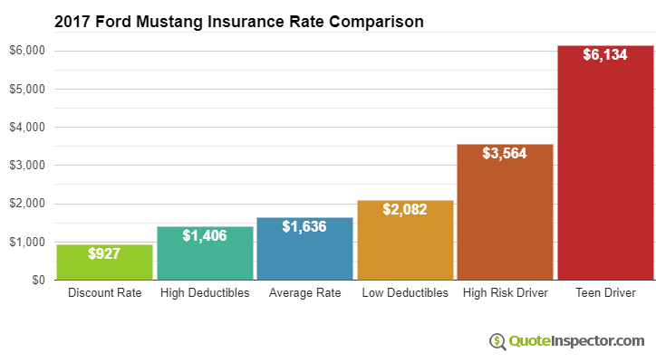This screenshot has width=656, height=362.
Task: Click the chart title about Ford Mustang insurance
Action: pyautogui.click(x=239, y=21)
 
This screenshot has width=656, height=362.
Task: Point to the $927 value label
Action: pyautogui.click(x=104, y=254)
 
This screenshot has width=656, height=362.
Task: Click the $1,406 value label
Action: pyautogui.click(x=204, y=235)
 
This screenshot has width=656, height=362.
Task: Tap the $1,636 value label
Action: pyautogui.click(x=304, y=226)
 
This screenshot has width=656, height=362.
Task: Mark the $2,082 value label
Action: pyautogui.click(x=405, y=209)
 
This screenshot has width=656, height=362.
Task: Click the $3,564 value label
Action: pyautogui.click(x=505, y=152)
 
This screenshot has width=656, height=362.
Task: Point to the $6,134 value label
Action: pyautogui.click(x=604, y=55)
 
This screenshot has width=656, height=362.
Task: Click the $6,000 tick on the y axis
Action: pyautogui.click(x=27, y=51)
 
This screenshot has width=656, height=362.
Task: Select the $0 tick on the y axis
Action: pyautogui.click(x=38, y=281)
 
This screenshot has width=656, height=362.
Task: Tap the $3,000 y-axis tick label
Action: pyautogui.click(x=27, y=166)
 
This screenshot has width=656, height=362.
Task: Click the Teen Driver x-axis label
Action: pyautogui.click(x=604, y=293)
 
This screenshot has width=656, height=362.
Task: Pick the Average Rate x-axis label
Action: pyautogui.click(x=304, y=293)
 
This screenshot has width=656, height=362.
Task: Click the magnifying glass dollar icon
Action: pyautogui.click(x=497, y=341)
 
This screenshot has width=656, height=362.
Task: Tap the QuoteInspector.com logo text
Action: pyautogui.click(x=575, y=341)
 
